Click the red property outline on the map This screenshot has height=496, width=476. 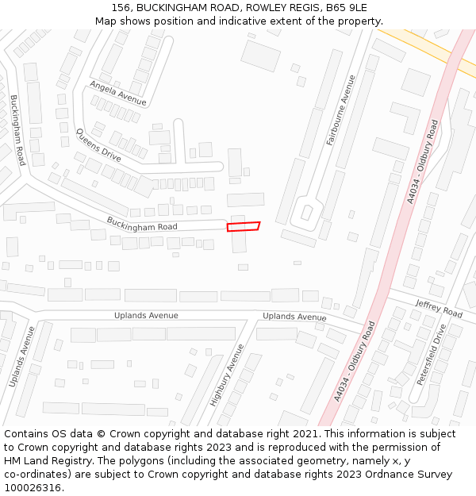(x=244, y=227)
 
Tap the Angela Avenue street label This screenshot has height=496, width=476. (x=118, y=93)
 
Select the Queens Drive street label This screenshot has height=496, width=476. (x=98, y=145)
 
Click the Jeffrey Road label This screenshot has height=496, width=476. (x=439, y=309)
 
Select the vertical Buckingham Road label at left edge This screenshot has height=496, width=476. (x=18, y=125)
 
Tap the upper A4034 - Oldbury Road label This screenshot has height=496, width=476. (x=423, y=162)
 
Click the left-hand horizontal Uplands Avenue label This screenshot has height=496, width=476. (x=146, y=315)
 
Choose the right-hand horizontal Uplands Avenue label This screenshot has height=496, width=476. (x=294, y=317)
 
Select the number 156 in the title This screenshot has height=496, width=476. (x=121, y=7)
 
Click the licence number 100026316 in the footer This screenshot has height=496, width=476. (x=33, y=488)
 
